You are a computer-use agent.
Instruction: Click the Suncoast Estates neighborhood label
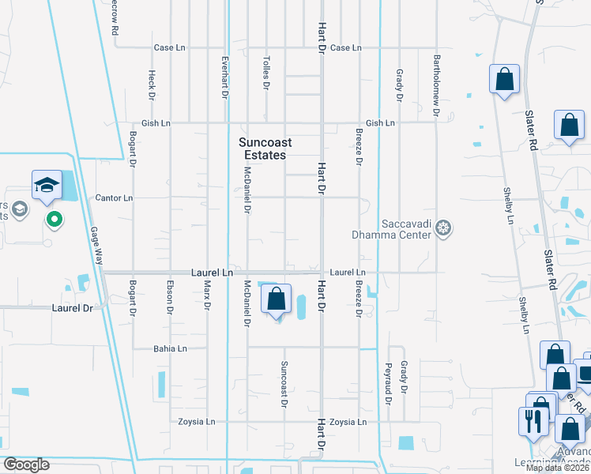click(265, 149)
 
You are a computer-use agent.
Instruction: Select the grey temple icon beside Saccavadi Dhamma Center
click(444, 229)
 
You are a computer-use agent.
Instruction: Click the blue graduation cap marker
click(47, 186)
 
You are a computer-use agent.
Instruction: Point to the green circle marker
click(54, 218)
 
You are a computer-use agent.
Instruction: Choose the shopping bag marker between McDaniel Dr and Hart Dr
click(276, 300)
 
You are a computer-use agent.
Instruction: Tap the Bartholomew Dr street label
click(435, 85)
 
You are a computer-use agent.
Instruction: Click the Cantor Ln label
click(114, 197)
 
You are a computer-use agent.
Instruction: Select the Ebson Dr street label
click(169, 297)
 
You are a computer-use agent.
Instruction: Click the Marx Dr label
click(207, 295)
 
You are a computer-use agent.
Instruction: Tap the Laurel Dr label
click(72, 307)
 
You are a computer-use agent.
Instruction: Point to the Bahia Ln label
click(170, 348)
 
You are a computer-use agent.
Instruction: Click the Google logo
click(26, 465)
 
